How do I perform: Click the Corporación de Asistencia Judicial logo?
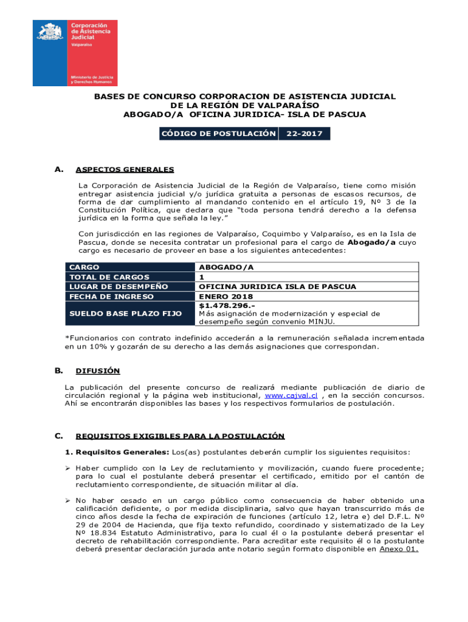click(75, 53)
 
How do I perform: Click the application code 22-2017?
click(304, 134)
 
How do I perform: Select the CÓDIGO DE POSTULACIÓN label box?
click(218, 134)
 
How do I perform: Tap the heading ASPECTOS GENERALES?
click(125, 169)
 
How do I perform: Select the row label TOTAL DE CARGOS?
click(109, 277)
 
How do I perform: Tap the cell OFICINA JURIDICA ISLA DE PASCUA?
click(277, 287)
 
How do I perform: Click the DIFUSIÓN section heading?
click(98, 371)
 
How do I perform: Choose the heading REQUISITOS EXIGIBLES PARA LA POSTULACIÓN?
click(180, 436)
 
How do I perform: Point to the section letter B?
click(59, 370)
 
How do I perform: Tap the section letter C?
click(59, 436)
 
